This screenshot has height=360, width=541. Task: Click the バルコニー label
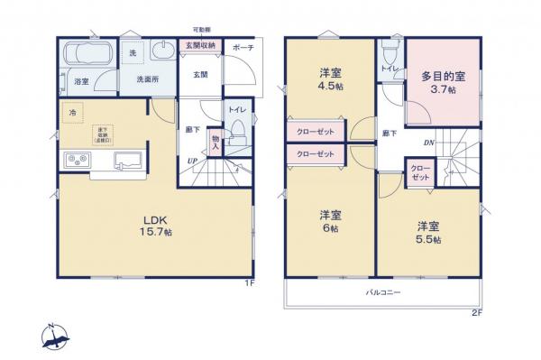[383, 293]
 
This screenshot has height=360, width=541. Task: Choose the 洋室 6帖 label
[329, 221]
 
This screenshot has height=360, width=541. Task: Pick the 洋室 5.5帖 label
[427, 231]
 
